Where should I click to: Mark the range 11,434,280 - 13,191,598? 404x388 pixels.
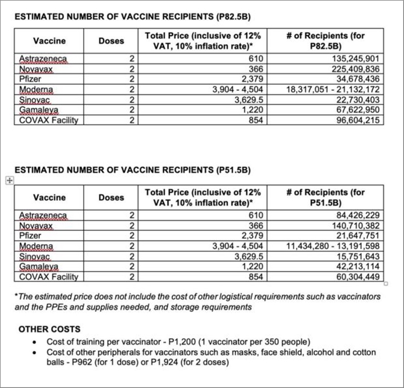(x=334, y=246)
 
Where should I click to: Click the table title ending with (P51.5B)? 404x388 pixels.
(x=132, y=171)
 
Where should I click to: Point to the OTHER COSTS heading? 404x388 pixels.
(x=55, y=329)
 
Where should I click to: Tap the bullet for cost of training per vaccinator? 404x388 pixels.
(x=35, y=342)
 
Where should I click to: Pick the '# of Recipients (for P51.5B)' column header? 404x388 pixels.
(x=325, y=197)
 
